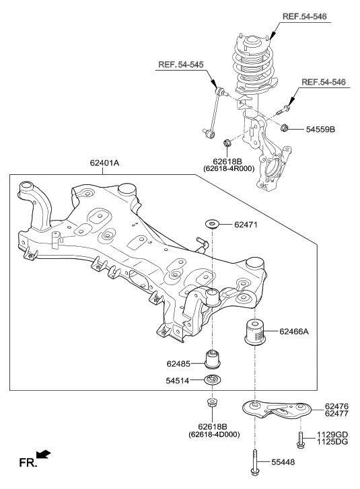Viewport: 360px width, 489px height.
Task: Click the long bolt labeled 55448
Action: (256, 461)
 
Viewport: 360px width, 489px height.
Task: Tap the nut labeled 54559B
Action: (285, 128)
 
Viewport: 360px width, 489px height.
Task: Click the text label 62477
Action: (336, 415)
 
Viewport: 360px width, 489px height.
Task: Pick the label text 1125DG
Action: (332, 444)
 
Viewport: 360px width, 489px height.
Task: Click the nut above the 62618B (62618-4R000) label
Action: (227, 142)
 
